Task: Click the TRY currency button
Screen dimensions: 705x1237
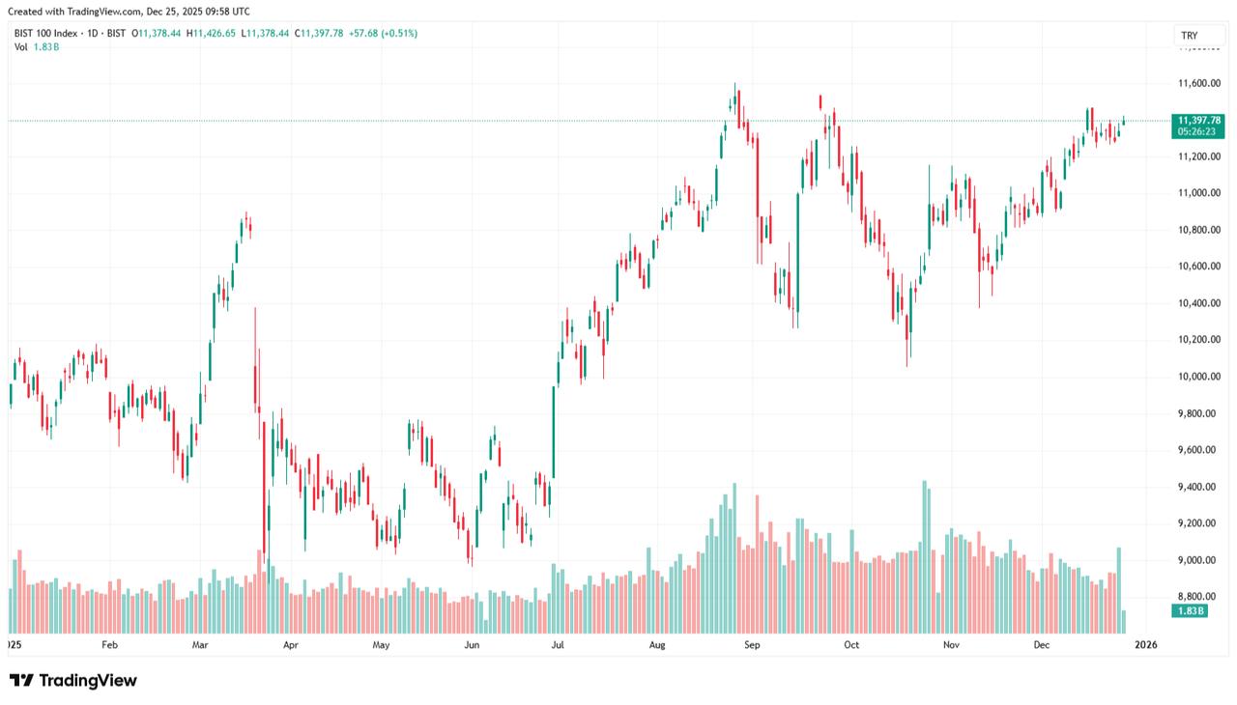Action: (1189, 36)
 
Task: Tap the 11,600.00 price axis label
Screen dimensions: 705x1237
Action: (1198, 84)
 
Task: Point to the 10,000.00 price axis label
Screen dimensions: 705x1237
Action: (1198, 377)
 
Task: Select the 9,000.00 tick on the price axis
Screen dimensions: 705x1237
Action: (1198, 560)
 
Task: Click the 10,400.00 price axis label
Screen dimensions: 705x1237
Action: (1198, 303)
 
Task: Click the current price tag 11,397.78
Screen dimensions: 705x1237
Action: (1198, 120)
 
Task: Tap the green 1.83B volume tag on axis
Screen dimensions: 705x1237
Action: (1189, 611)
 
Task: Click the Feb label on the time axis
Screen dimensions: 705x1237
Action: (109, 644)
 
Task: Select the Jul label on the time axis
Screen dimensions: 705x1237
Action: (557, 644)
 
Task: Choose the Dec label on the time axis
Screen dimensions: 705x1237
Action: (1041, 644)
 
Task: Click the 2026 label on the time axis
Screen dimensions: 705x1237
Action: (1145, 644)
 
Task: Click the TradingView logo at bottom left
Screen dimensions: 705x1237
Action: (73, 681)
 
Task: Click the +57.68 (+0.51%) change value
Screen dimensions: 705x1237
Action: (386, 33)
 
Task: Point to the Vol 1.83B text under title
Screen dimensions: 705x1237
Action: (36, 46)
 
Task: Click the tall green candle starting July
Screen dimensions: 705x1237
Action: (554, 432)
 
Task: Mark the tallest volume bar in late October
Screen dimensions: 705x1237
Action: (925, 555)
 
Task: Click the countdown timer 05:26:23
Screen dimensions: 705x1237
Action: (1198, 132)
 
